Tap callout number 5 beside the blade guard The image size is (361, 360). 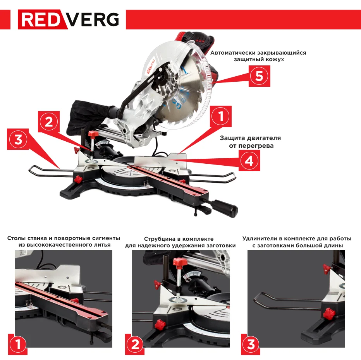(259, 76)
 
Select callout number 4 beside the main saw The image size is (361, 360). (249, 160)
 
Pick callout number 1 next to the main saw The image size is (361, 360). (221, 116)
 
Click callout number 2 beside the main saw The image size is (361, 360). (49, 122)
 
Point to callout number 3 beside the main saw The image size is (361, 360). (18, 139)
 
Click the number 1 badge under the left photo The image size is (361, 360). (17, 344)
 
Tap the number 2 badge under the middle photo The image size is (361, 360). (135, 344)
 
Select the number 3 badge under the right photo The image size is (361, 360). (251, 344)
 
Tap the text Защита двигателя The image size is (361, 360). (250, 138)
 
